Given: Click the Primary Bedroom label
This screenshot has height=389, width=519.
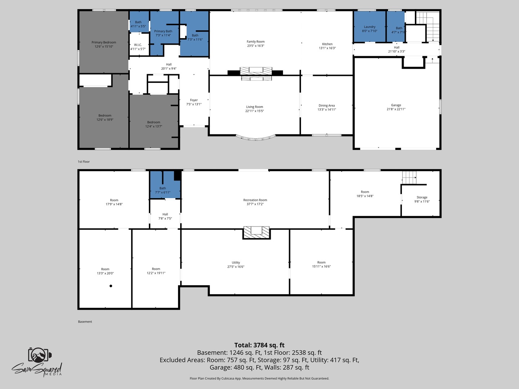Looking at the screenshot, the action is [x=104, y=43].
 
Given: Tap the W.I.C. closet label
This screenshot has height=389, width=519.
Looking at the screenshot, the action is [x=138, y=45].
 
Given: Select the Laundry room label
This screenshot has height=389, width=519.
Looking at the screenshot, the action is [x=369, y=27].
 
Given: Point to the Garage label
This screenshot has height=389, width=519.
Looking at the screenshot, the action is [x=396, y=105].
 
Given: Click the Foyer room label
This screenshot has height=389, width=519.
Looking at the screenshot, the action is [x=194, y=100].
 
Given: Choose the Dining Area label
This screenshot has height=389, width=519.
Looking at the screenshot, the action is [x=327, y=106].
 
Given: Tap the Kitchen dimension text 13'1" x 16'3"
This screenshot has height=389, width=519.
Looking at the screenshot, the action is [x=327, y=48].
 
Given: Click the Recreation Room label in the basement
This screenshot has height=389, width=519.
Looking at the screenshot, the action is [x=255, y=200].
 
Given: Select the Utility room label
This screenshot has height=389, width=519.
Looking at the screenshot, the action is [x=236, y=263].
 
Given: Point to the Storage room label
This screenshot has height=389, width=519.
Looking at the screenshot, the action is [x=422, y=197].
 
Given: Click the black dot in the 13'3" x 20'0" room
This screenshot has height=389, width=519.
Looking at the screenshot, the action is [x=111, y=286].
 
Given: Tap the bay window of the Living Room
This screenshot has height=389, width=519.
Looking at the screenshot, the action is [x=256, y=138].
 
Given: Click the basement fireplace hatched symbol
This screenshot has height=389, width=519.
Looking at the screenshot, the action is [x=257, y=233].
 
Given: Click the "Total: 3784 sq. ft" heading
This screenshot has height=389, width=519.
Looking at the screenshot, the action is [x=259, y=345].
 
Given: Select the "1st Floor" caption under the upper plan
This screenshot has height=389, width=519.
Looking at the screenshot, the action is [x=84, y=162].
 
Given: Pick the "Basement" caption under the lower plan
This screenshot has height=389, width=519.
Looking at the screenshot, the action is [x=85, y=322].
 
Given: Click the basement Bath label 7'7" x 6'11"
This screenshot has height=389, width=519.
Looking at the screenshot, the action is [x=163, y=191].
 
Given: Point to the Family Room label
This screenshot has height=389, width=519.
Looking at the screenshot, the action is [x=256, y=42].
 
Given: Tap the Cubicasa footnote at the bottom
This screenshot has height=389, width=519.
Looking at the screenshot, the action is [x=259, y=378].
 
